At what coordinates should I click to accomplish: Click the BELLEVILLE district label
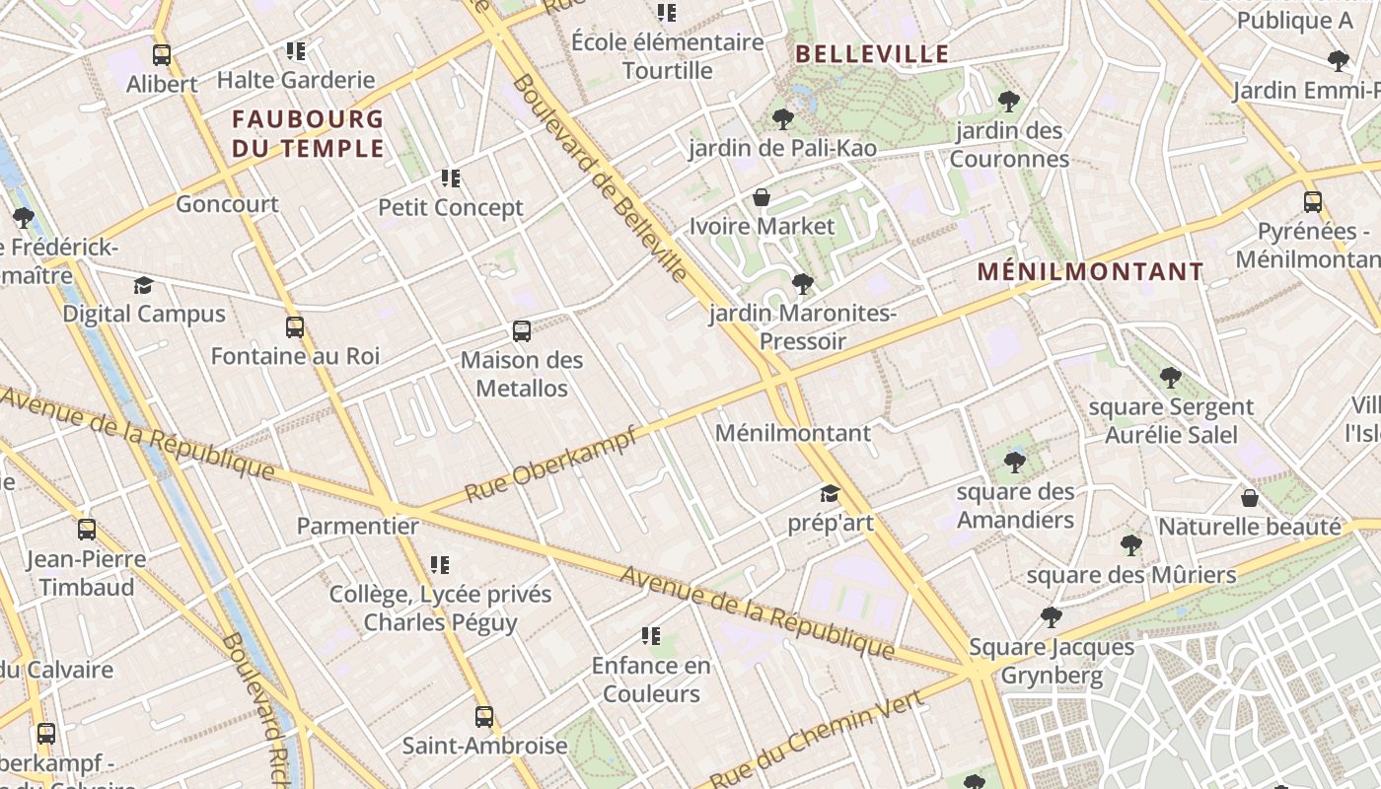[872, 54]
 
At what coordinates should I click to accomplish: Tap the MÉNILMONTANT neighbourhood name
[1090, 271]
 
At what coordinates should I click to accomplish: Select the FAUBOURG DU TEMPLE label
[308, 134]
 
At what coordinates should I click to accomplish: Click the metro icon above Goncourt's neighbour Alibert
[162, 55]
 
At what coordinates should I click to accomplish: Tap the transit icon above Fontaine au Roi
[295, 327]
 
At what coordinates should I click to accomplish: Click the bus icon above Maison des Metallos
[522, 331]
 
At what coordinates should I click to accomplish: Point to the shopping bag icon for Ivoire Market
[761, 197]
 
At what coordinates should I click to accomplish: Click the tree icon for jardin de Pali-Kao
[783, 119]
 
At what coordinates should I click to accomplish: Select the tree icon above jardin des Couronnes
[1008, 101]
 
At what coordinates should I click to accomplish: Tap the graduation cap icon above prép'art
[830, 493]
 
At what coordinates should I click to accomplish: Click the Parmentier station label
[358, 526]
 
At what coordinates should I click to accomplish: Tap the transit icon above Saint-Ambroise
[483, 716]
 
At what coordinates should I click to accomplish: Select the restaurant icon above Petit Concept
[451, 179]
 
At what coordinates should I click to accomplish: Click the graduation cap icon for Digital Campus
[144, 286]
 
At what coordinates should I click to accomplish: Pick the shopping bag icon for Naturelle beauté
[1250, 498]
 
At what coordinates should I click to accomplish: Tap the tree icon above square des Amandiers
[1015, 462]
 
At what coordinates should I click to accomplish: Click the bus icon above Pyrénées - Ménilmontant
[1313, 202]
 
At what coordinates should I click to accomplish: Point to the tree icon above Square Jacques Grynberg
[1052, 617]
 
